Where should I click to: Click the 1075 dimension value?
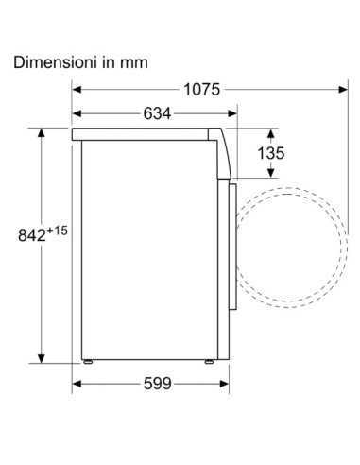tap(201, 90)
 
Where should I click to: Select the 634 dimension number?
tap(157, 113)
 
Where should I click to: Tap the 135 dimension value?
tap(271, 153)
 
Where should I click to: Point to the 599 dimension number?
tap(158, 384)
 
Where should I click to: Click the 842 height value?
tap(32, 235)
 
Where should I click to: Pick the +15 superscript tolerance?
tap(58, 231)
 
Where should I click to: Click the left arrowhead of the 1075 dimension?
tap(77, 90)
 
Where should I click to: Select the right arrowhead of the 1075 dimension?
tap(343, 90)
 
